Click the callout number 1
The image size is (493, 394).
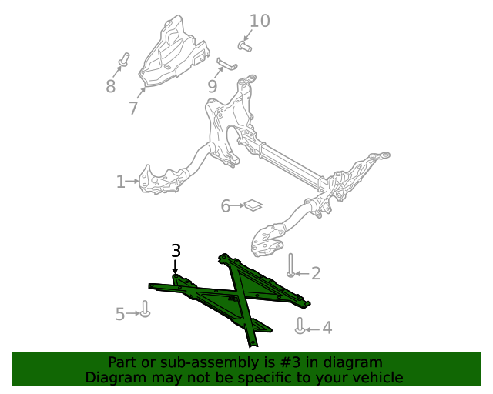(x=120, y=182)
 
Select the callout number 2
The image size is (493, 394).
(x=315, y=273)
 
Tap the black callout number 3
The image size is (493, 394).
(x=176, y=251)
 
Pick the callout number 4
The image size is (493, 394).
(x=327, y=329)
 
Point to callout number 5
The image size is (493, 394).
(x=120, y=314)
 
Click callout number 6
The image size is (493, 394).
(x=226, y=206)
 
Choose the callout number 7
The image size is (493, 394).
(x=133, y=109)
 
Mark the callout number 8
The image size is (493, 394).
(x=111, y=86)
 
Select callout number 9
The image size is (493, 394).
(x=213, y=86)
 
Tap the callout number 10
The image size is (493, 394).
(x=260, y=21)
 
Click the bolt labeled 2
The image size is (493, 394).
(x=291, y=265)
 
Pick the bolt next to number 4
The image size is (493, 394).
(x=300, y=326)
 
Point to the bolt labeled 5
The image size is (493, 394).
(x=145, y=310)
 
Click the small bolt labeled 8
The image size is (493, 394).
(x=126, y=58)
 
